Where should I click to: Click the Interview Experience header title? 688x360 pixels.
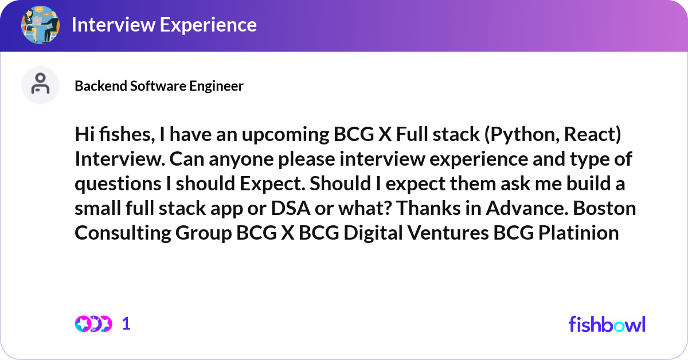point(164,25)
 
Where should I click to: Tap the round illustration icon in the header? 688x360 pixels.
point(40,25)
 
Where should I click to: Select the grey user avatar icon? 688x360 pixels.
point(40,85)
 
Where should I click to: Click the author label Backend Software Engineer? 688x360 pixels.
point(159,86)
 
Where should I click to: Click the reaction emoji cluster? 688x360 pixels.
point(93,324)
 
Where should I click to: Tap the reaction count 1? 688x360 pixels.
point(127,324)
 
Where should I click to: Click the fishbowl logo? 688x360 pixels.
point(607,324)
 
